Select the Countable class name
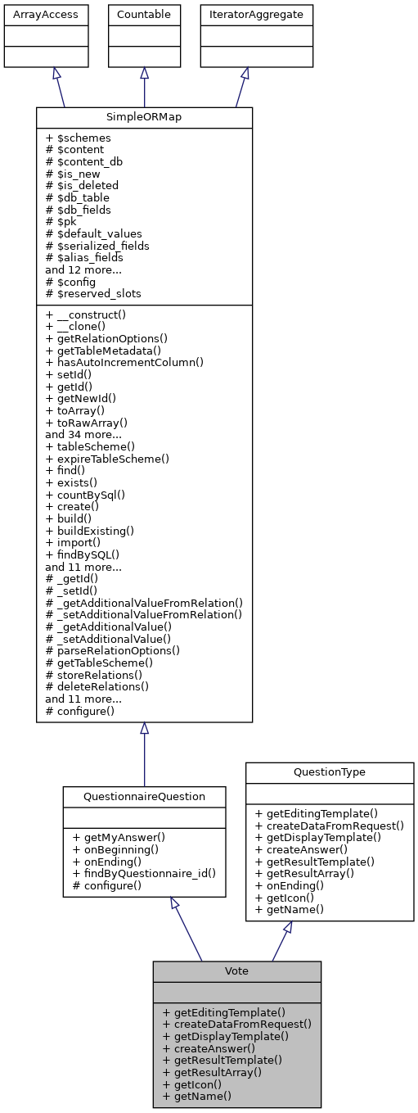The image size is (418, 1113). [144, 14]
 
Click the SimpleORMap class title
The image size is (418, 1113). [144, 118]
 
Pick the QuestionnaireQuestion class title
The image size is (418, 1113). [144, 795]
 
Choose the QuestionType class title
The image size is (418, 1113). [330, 772]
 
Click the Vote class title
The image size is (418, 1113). [236, 970]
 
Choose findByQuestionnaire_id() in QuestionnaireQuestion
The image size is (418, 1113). [144, 873]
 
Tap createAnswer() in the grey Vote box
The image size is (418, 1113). [209, 1047]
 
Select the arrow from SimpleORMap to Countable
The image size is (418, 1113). [144, 87]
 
